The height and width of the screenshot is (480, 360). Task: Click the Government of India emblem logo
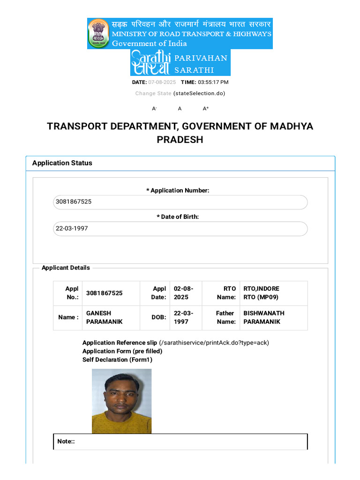[98, 33]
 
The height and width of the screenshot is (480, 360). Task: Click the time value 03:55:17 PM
[213, 82]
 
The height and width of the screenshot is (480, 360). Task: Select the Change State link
[153, 93]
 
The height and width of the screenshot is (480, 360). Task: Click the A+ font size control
[205, 109]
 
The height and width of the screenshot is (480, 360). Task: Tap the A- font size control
[154, 109]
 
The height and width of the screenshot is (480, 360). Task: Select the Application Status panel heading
[62, 163]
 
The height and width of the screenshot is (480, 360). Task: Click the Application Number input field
[180, 202]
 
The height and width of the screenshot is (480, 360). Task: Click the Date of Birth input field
[180, 229]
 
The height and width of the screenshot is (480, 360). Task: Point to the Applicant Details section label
[66, 268]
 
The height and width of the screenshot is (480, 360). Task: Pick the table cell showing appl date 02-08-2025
[186, 293]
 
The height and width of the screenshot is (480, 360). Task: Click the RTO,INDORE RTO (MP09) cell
[274, 293]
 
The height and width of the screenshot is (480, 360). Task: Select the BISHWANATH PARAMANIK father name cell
[274, 317]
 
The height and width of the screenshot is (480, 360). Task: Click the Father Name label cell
[221, 317]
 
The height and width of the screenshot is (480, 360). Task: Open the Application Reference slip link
[120, 343]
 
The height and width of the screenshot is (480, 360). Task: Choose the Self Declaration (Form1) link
[117, 360]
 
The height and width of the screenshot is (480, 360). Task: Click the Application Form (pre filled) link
[122, 351]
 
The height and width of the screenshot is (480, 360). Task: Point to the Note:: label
[66, 441]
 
